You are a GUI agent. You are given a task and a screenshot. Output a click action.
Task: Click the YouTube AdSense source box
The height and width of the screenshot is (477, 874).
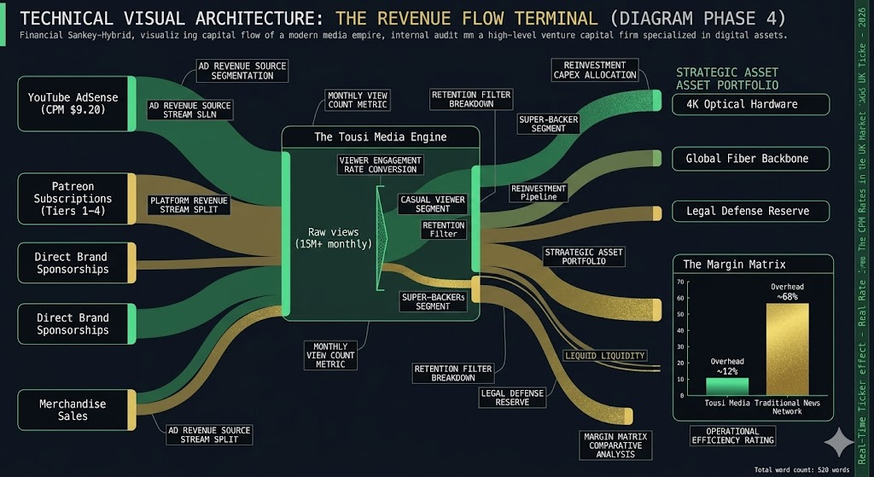73,103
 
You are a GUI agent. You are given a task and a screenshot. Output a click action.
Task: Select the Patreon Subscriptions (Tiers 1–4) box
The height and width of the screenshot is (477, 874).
73,199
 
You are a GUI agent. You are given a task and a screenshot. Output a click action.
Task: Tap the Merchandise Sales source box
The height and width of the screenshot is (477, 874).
73,410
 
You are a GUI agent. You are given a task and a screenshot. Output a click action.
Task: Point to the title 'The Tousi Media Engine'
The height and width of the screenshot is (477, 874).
380,137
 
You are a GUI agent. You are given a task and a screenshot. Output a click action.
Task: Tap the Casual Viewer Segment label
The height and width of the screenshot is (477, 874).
433,204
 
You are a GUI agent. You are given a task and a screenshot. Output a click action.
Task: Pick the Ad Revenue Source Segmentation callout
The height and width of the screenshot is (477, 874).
242,70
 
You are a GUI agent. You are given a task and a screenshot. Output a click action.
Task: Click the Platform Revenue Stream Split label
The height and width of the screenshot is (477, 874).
189,205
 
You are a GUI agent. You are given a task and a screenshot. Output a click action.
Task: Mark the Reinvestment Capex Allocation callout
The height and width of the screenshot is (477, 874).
595,70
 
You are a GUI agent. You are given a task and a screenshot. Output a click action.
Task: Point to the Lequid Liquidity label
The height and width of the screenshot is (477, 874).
605,355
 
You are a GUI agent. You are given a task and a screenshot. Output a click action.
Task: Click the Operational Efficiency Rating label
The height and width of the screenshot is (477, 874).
733,435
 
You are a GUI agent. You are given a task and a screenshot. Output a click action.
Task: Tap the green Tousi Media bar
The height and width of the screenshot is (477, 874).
726,387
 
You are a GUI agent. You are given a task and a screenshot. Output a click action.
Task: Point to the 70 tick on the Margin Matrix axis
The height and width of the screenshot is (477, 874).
681,282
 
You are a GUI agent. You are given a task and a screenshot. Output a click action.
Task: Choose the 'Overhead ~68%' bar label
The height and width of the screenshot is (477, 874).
786,292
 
